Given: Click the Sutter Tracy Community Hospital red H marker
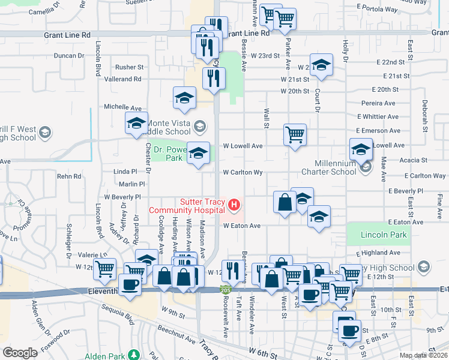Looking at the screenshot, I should point(234,206).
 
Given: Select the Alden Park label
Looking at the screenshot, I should point(104,356).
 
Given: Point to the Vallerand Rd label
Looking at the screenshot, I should point(122,79).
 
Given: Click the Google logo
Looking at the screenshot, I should point(20,353).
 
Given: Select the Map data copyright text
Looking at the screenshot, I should point(424,356).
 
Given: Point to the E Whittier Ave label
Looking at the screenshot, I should point(376,116).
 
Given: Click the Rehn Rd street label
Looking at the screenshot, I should point(69,176).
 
